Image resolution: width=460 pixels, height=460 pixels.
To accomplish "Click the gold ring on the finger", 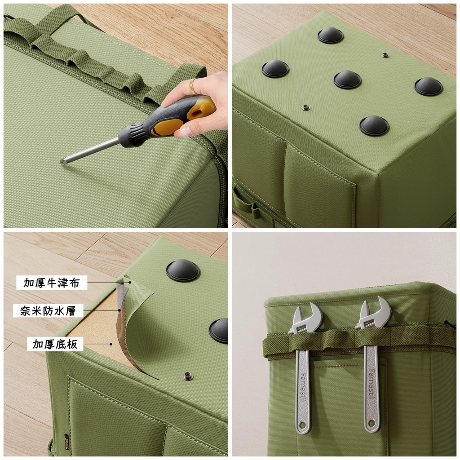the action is pyautogui.click(x=192, y=86).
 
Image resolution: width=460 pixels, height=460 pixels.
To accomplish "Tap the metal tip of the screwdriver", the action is pyautogui.click(x=62, y=161).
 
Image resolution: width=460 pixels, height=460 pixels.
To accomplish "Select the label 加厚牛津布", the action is pyautogui.click(x=51, y=283).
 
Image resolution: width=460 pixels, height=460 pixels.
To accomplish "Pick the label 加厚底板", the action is pyautogui.click(x=55, y=344).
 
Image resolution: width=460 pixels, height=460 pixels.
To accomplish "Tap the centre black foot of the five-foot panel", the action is pyautogui.click(x=347, y=80).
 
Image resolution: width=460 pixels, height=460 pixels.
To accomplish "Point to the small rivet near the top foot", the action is pyautogui.click(x=385, y=55).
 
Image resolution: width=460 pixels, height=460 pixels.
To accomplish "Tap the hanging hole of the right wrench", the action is pyautogui.click(x=372, y=423).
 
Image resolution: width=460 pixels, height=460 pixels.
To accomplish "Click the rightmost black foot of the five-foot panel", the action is pyautogui.click(x=429, y=86).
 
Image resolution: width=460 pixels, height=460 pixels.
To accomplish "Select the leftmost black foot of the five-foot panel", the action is pyautogui.click(x=275, y=68).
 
